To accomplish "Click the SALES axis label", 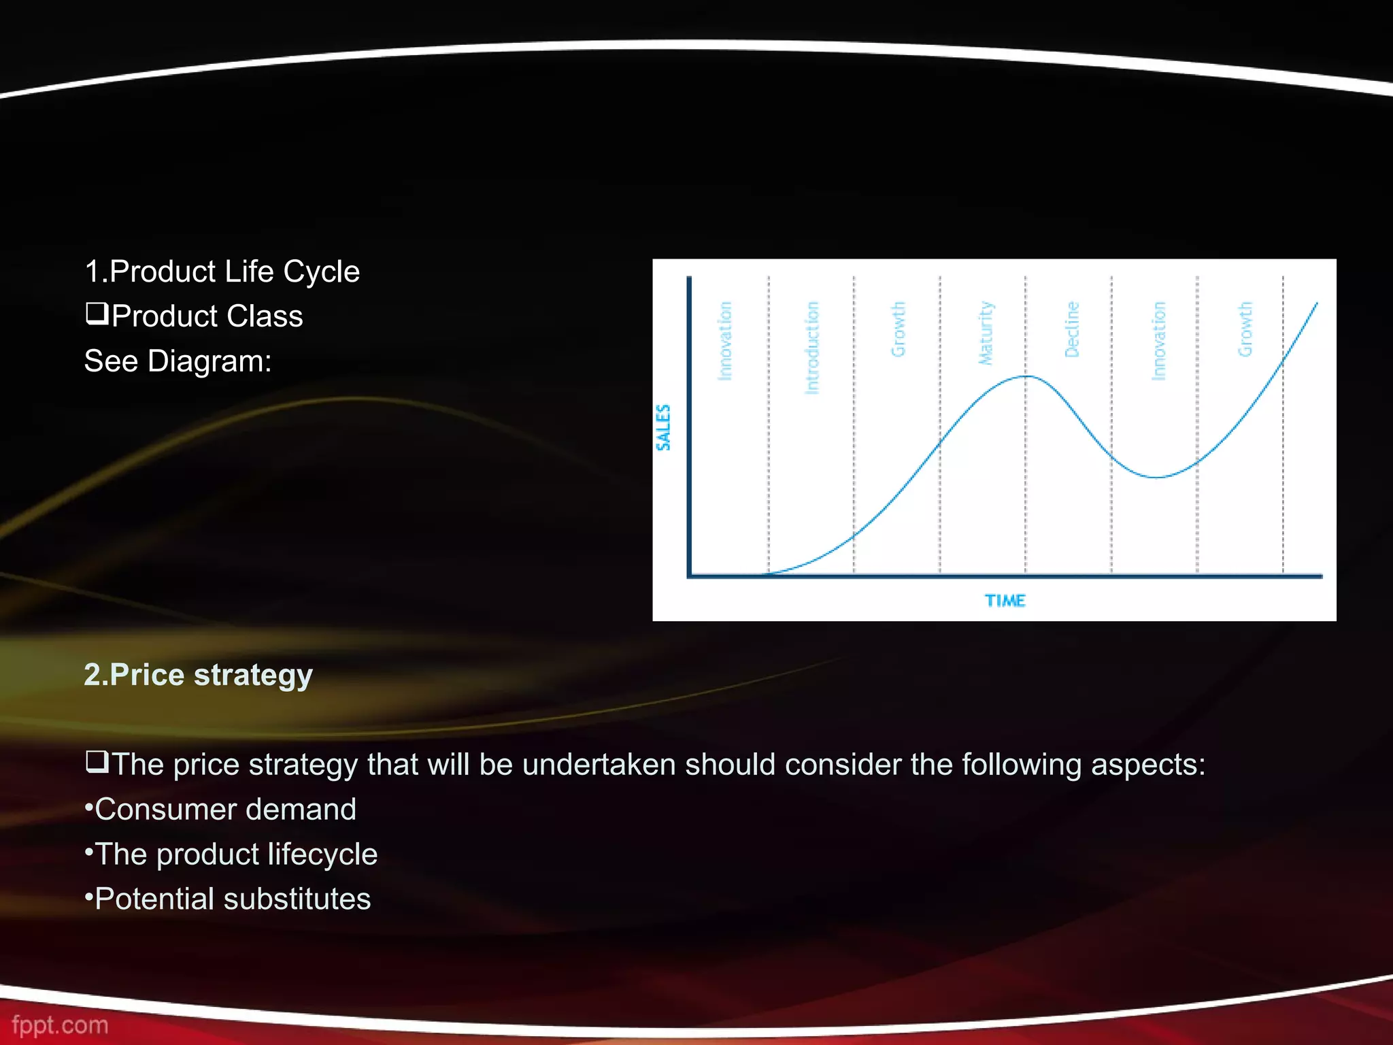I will click(663, 427).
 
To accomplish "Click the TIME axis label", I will click(1005, 601).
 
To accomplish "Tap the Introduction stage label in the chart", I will click(811, 347).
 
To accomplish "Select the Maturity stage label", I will click(986, 333).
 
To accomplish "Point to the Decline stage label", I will click(1072, 329).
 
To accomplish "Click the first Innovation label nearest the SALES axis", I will click(725, 340).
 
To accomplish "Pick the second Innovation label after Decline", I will click(1158, 340).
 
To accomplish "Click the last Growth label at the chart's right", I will click(1245, 329).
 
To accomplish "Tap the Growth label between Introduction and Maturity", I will click(899, 329).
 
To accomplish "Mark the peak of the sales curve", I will click(1026, 376).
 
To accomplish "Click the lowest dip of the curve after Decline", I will click(1156, 477).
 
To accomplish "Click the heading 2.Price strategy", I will click(198, 675).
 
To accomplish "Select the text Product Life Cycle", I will click(234, 271).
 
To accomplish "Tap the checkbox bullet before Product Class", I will click(97, 314).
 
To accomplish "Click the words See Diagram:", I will click(178, 361).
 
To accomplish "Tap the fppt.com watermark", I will click(60, 1025).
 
